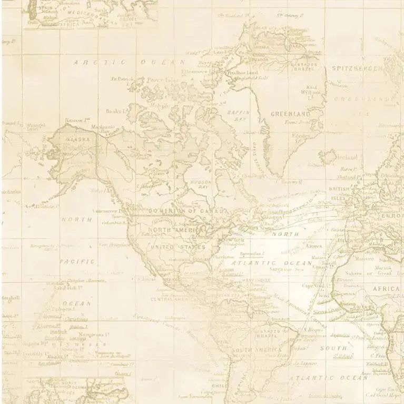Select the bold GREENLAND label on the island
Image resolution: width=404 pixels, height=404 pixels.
point(290,114)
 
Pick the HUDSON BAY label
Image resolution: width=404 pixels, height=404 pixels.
point(200,184)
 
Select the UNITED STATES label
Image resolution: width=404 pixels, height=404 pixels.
point(178,247)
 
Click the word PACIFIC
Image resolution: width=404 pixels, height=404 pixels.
point(77,261)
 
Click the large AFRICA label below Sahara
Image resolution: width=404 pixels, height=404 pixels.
point(387,289)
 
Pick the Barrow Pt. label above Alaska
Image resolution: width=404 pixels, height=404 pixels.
point(74,121)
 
